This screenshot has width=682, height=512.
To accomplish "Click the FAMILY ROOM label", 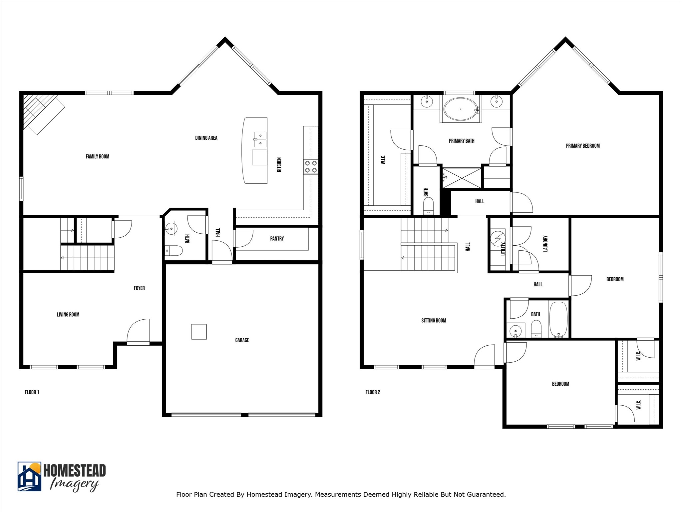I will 97,156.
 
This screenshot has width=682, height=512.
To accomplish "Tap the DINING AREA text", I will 206,138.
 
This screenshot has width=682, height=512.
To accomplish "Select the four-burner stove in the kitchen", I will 310,167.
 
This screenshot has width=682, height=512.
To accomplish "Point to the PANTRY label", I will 277,239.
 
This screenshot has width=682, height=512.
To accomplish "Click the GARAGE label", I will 242,340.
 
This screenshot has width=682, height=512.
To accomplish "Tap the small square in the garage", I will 199,332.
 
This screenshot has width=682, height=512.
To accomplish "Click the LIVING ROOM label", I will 68,314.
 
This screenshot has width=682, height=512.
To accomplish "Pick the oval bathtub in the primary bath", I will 461,109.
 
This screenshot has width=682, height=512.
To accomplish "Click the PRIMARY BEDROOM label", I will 582,146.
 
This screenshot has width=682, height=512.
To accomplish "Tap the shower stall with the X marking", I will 462,178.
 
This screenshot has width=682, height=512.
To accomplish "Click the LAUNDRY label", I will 545,244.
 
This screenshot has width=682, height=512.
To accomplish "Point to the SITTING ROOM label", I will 434,320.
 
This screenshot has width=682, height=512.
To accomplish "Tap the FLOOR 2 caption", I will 372,392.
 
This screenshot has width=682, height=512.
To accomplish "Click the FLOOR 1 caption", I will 32,392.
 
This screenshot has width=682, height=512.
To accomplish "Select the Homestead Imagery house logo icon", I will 29,476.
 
